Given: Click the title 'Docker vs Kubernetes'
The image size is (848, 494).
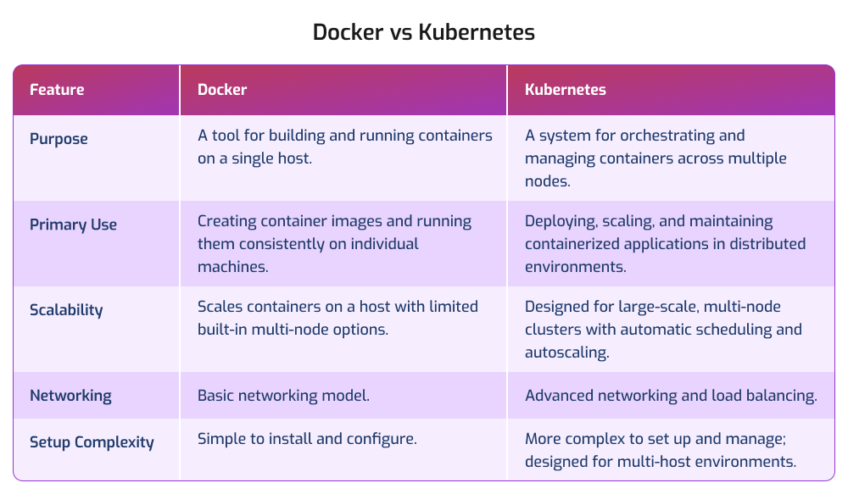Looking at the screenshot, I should [423, 32].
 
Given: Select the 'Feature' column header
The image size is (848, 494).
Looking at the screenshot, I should [57, 89].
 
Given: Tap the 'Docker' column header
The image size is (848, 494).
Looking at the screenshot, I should [222, 89].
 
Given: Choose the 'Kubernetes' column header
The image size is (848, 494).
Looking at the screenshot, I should [566, 89].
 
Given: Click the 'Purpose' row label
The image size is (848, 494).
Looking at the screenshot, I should [59, 138].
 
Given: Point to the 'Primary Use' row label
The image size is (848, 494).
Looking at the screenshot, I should [73, 225].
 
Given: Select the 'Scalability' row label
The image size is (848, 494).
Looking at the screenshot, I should [66, 309].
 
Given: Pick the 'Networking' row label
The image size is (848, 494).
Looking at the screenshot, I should [70, 396].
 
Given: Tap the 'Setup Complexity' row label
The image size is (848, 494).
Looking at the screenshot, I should [92, 442].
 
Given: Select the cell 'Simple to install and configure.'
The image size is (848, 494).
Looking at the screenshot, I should [307, 439].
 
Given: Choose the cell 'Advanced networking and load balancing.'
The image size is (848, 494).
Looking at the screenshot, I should [671, 396].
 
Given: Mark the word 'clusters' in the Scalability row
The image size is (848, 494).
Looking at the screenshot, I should [553, 329].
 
